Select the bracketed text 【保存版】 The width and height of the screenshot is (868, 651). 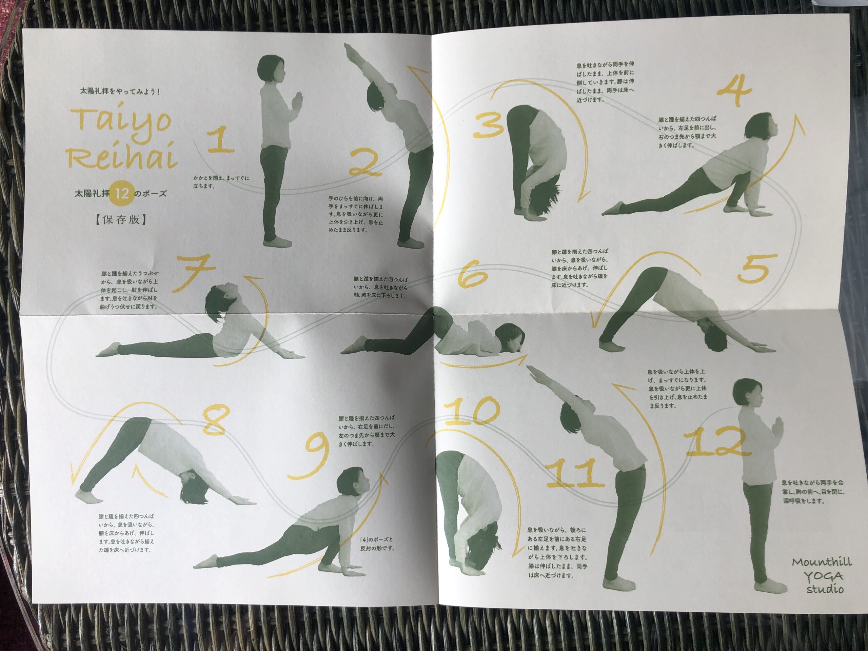point(121,219)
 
